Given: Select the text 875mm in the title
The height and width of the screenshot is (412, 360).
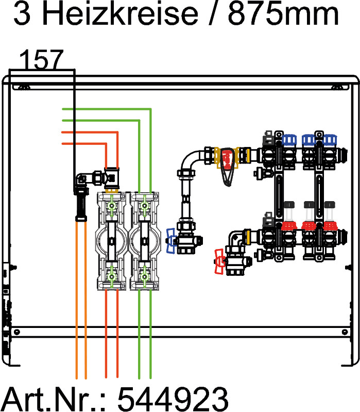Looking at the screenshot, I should (x=284, y=15).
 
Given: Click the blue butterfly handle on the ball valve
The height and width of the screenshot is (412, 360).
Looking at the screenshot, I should (x=170, y=241).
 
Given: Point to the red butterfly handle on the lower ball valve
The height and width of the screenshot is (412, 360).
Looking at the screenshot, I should (x=219, y=261).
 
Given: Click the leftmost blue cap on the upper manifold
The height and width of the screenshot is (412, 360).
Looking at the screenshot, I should (x=289, y=139).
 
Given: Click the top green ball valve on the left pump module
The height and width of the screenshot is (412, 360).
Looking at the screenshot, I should (x=112, y=206).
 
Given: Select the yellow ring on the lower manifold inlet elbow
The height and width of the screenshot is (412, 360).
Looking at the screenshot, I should (x=249, y=238).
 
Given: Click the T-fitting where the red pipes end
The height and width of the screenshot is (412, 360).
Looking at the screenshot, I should (x=112, y=177).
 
